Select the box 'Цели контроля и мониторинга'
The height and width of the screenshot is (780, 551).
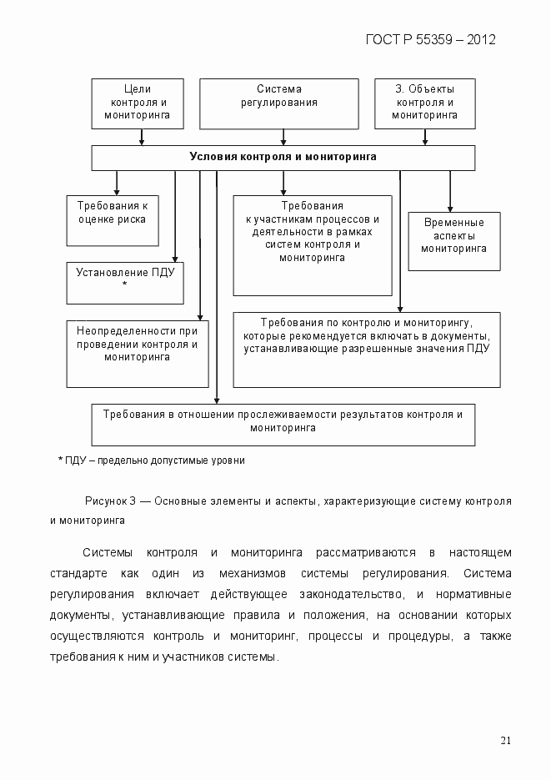click(x=137, y=103)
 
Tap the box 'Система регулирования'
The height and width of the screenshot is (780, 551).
click(x=278, y=103)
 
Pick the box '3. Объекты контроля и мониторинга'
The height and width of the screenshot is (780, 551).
click(x=424, y=103)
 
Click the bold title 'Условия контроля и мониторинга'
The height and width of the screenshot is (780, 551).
click(x=283, y=157)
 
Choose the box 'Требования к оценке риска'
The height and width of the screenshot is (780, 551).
click(x=112, y=220)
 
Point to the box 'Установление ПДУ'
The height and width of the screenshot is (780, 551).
click(x=124, y=283)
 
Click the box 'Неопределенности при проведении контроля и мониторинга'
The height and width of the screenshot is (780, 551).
click(x=137, y=354)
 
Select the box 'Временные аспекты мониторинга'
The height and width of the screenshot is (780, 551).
click(x=453, y=241)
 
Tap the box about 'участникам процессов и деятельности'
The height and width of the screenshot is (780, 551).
click(x=312, y=245)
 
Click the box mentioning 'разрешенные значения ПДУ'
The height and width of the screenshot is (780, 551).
click(x=366, y=350)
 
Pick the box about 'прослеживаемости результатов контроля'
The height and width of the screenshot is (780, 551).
click(x=283, y=425)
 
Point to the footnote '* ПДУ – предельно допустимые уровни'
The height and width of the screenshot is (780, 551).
click(x=151, y=460)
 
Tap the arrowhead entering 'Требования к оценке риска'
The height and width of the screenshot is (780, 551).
click(x=117, y=191)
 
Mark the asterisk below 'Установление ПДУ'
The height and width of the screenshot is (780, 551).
click(x=124, y=284)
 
